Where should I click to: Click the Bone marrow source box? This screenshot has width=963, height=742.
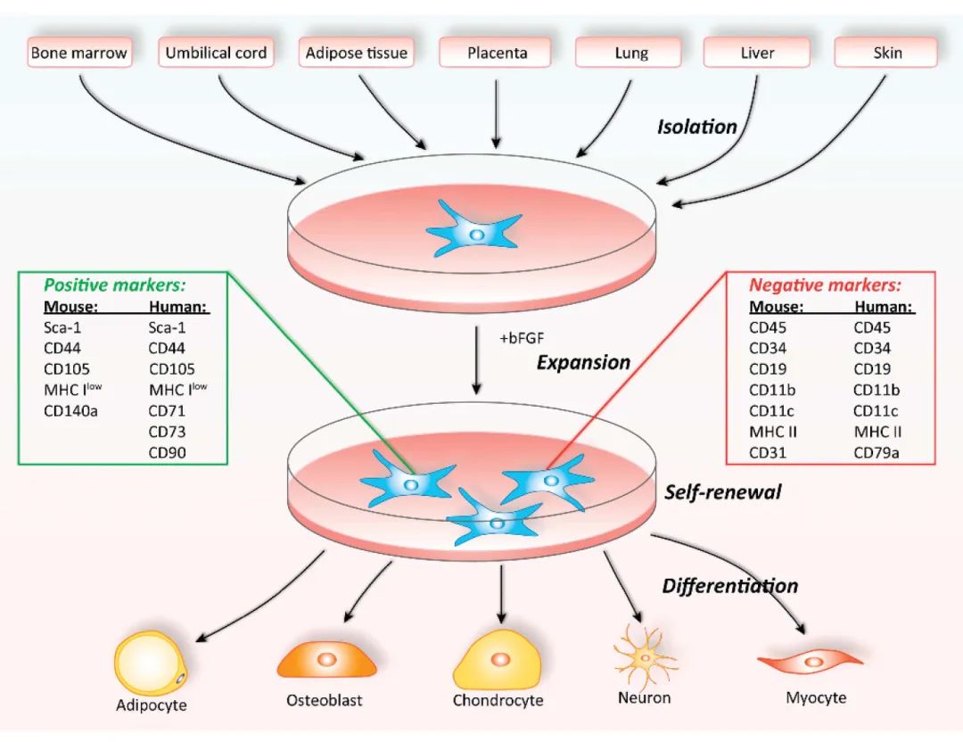78,53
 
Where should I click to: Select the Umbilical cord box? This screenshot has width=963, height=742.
216,53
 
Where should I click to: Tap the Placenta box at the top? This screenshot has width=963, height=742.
496,53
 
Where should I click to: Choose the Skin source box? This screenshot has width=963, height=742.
886,53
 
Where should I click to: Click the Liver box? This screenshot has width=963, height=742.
757,53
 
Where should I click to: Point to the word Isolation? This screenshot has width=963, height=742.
696,127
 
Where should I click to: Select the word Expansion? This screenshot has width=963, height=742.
583,363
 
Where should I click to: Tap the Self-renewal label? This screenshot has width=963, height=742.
722,491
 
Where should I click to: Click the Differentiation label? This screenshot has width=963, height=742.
729,586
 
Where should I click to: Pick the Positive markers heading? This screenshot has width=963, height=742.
115,285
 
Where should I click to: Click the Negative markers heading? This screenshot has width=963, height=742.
825,285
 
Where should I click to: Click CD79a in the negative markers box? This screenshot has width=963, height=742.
876,453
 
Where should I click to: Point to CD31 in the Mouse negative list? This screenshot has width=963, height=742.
767,453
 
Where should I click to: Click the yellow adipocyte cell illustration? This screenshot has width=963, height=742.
151,664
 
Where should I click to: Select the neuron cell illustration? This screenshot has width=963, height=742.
644,659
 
